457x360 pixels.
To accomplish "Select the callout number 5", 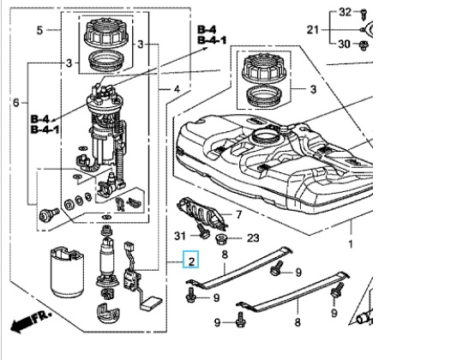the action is tap(39, 30).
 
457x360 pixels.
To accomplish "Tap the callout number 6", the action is tap(16, 103).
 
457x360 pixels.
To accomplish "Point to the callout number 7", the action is tap(239, 214).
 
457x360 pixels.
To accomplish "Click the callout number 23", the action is tap(253, 238).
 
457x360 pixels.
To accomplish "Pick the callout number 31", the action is tap(180, 236).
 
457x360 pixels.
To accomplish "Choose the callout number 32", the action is tap(345, 12).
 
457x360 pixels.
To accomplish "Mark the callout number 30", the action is tap(344, 44).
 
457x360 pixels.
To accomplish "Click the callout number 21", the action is tap(313, 30).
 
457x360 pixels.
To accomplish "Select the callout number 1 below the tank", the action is tap(351, 244).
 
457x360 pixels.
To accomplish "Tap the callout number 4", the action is tap(177, 89).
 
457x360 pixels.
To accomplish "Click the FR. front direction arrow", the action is tap(31, 321).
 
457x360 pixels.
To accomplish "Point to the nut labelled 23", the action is tap(220, 239).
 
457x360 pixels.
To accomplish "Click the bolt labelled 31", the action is tap(203, 231).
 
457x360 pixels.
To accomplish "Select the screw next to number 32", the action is tap(364, 14).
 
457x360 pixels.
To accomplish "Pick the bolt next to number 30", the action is tap(364, 45).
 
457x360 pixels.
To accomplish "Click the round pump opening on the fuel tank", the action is tap(265, 135).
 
